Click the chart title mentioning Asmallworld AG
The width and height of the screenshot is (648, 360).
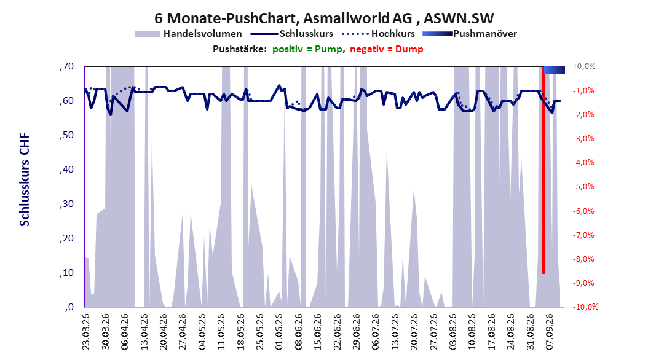(x=324, y=18)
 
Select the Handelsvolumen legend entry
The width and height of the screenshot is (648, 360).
(x=188, y=34)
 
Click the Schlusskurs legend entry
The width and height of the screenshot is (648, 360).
(x=292, y=34)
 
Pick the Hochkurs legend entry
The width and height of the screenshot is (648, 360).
(x=378, y=34)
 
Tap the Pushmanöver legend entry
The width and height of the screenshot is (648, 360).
(x=470, y=34)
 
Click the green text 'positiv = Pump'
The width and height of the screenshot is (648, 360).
(x=307, y=49)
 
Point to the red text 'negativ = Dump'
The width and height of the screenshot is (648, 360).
(x=387, y=49)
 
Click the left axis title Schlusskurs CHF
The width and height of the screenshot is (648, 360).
(x=25, y=179)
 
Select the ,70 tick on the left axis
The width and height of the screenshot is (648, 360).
(x=66, y=66)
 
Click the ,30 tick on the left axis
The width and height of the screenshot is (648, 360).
(x=66, y=204)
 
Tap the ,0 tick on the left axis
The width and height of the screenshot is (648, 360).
(x=69, y=307)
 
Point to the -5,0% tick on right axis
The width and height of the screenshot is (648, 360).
(x=583, y=187)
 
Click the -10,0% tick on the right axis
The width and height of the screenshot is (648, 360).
(x=585, y=307)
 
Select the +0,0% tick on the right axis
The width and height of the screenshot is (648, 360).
(x=583, y=66)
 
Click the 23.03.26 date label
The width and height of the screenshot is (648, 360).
(x=86, y=332)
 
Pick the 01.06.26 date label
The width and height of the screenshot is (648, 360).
(x=279, y=332)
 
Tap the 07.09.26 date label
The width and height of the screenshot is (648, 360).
(x=549, y=332)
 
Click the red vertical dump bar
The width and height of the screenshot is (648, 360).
(x=543, y=170)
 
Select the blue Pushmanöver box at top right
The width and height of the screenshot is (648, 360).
(x=554, y=70)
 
